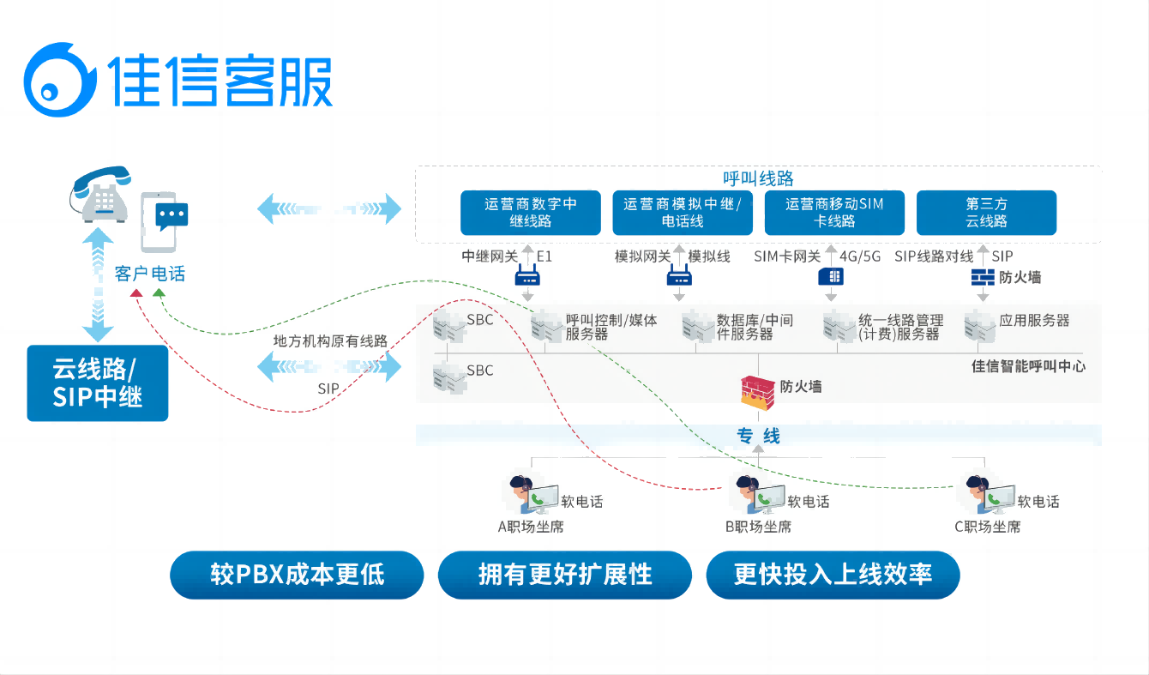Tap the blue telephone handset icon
pyautogui.click(x=101, y=195)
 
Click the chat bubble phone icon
pyautogui.click(x=165, y=220)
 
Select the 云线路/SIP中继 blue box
pyautogui.click(x=98, y=383)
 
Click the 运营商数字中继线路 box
pyautogui.click(x=531, y=213)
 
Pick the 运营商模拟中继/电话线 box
pyautogui.click(x=683, y=213)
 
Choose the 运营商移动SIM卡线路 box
pyautogui.click(x=834, y=213)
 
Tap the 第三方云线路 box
pyautogui.click(x=986, y=213)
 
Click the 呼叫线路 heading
pyautogui.click(x=758, y=178)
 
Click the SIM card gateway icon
pyautogui.click(x=831, y=276)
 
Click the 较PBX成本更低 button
pyautogui.click(x=297, y=575)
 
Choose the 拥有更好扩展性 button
pyautogui.click(x=565, y=575)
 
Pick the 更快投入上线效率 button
pyautogui.click(x=833, y=575)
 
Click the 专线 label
pyautogui.click(x=758, y=436)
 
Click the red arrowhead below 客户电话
pyautogui.click(x=135, y=293)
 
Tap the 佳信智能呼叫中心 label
pyautogui.click(x=1028, y=366)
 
